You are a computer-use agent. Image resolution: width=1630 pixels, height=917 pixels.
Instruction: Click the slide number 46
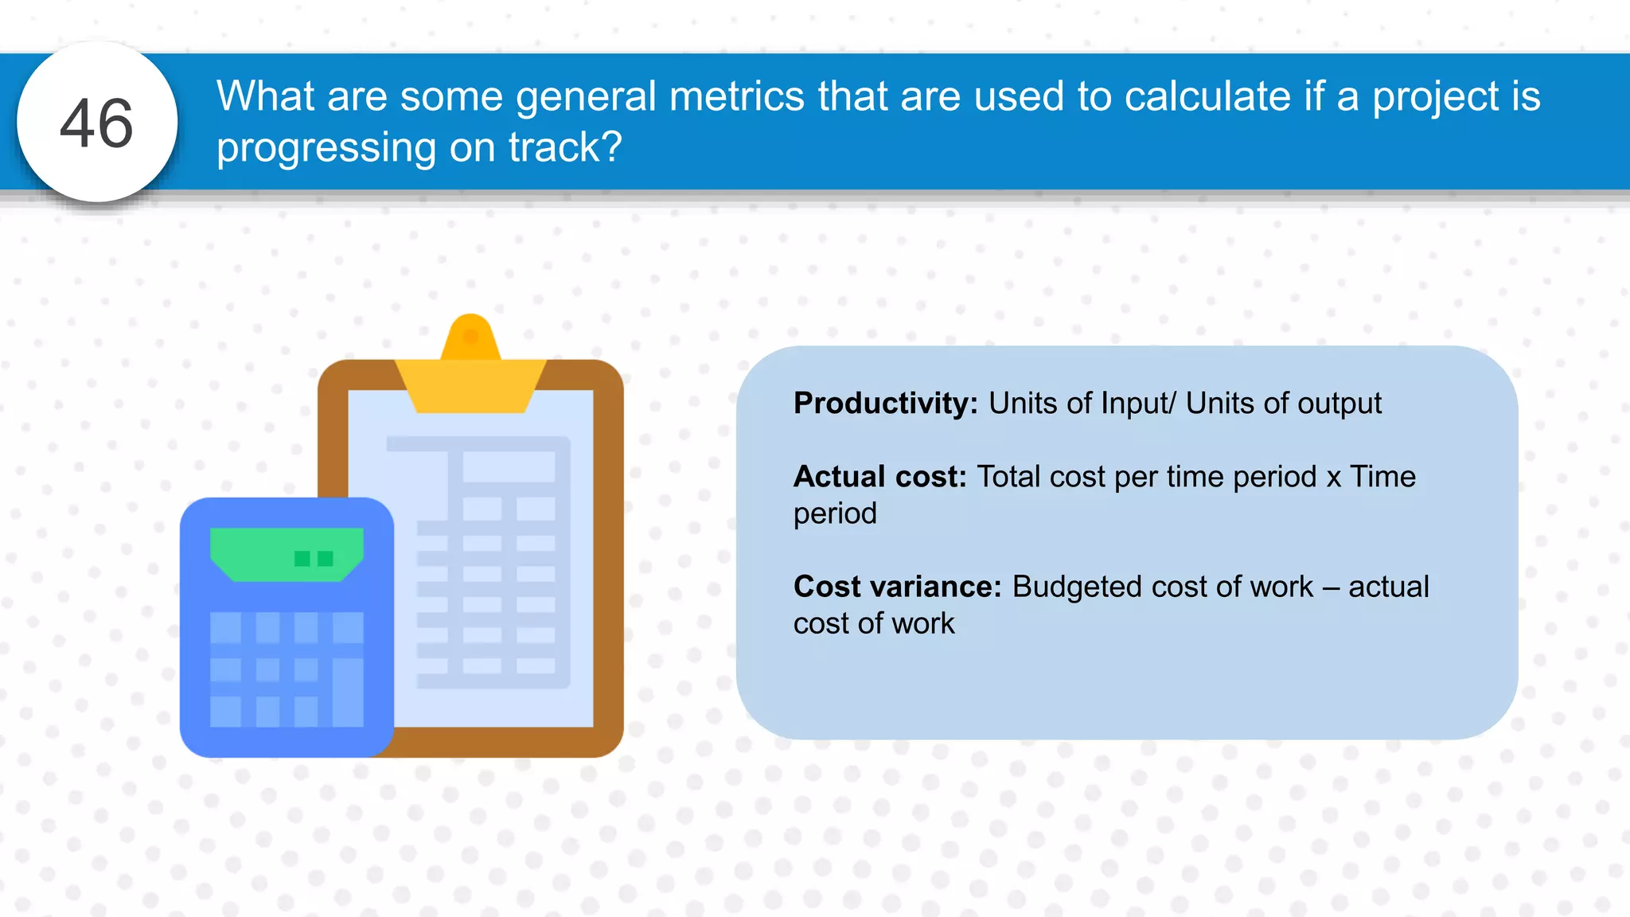coord(96,123)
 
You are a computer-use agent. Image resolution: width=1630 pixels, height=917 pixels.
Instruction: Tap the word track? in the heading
coord(564,147)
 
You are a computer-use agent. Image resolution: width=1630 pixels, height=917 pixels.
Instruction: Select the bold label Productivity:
coord(885,404)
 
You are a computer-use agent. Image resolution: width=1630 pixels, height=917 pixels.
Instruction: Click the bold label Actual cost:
coord(879,477)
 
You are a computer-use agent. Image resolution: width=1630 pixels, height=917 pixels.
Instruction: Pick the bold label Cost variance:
coord(897,587)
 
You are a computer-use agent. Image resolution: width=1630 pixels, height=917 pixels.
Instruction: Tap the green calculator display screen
coord(287,554)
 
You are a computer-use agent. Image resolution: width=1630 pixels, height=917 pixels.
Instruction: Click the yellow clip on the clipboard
coord(470,382)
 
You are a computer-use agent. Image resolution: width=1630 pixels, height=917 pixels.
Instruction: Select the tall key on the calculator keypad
coord(348,691)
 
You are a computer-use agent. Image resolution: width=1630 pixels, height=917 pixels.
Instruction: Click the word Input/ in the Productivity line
coord(1137,404)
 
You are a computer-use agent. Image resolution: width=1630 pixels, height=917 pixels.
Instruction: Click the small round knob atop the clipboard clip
coord(470,336)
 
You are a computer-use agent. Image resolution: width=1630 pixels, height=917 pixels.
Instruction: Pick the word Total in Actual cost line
coord(1008,477)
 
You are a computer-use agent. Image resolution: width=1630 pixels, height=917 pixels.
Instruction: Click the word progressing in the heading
coord(326,149)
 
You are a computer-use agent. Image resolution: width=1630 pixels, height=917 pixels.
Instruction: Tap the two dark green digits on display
coord(314,559)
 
